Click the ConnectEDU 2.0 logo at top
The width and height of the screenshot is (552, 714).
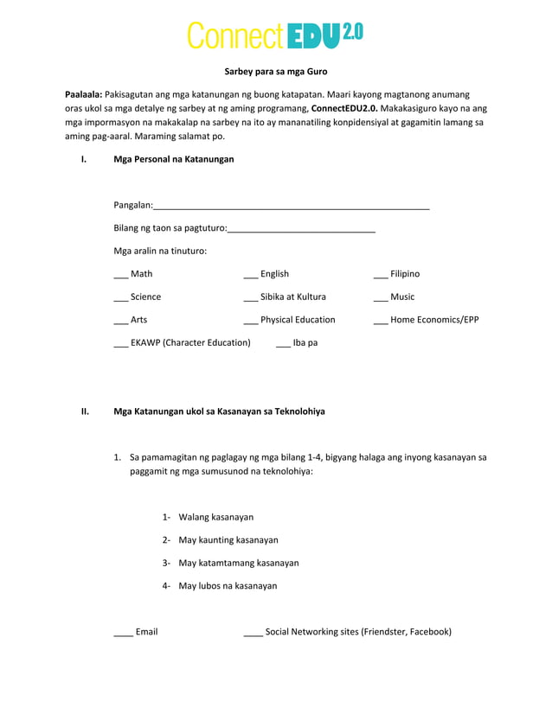click(275, 35)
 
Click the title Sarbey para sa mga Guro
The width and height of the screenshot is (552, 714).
click(275, 71)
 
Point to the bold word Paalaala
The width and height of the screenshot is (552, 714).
click(83, 93)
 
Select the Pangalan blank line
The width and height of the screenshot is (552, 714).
click(292, 206)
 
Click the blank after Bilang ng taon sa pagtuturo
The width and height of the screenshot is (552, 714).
click(301, 229)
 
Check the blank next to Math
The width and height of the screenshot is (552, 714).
click(120, 275)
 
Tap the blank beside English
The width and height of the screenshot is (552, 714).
click(250, 275)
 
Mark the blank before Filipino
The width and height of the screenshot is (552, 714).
click(380, 275)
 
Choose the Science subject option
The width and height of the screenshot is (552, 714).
click(144, 296)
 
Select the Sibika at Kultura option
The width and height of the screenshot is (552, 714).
click(292, 296)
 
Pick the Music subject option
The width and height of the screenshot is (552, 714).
click(401, 296)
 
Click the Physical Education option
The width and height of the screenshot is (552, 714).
click(297, 320)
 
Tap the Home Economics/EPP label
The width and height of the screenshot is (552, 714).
click(434, 320)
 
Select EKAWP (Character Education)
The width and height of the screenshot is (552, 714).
click(189, 342)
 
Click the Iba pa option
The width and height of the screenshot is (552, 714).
click(305, 342)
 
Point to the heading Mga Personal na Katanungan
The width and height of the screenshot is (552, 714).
click(173, 159)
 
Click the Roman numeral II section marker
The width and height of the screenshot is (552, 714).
click(85, 411)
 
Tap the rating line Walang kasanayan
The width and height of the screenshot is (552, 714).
click(215, 517)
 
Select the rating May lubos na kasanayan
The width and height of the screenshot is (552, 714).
click(228, 585)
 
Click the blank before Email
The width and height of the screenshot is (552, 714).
click(123, 633)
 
